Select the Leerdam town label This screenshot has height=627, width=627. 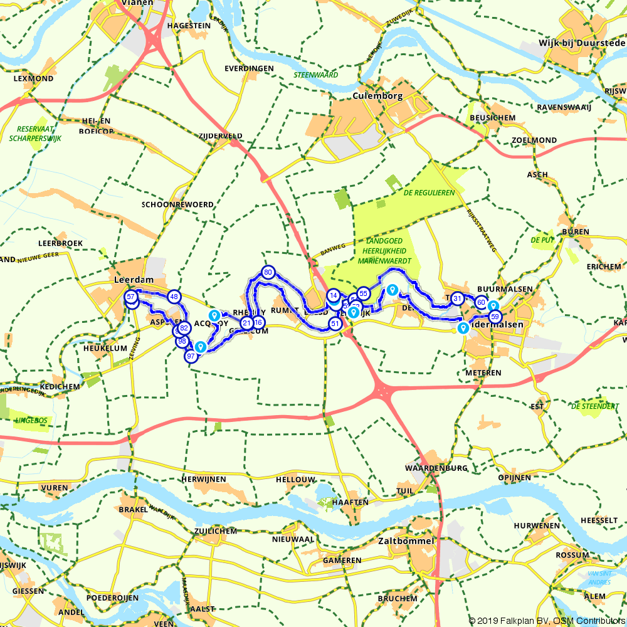pos(130,280)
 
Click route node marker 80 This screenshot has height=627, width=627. pos(268,272)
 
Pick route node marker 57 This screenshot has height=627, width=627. pos(131,297)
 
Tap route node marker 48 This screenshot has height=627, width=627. pos(174,297)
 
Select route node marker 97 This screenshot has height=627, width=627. pos(191,356)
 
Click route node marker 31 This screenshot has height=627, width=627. pos(457,298)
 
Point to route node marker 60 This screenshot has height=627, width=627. pos(481,302)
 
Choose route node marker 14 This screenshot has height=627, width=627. pos(334,295)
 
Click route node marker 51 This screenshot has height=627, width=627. pos(335,324)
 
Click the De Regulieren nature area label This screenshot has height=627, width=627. pos(429,193)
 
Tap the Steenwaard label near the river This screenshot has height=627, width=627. pos(315,75)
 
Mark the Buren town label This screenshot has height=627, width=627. pos(576,232)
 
